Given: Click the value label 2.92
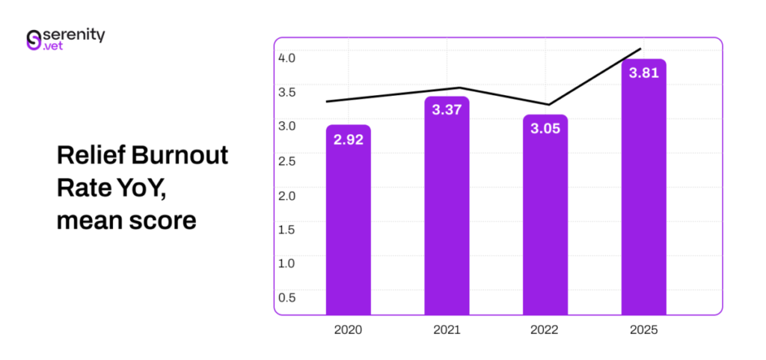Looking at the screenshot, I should pos(349,139).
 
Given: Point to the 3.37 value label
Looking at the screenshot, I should pos(447,110).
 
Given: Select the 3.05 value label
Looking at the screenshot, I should pos(545,129).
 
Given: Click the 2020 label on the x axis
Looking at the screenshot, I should pos(349,329).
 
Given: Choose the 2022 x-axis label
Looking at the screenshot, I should pos(545,329).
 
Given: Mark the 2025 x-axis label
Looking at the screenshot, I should pos(643,329).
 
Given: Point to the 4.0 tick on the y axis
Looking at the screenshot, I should pos(287,58).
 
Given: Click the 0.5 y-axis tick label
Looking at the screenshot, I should pos(287,297).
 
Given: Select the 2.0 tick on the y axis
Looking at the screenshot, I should pos(287,195).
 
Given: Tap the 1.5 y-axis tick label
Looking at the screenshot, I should pos(287,229).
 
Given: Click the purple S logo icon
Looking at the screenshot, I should pos(33,40).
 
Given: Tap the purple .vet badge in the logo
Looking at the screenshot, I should pos(54,46).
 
